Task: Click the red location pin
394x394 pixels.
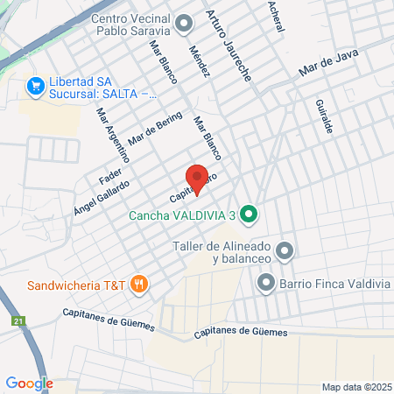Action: (198, 179)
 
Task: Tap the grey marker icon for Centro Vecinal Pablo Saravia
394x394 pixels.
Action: (184, 21)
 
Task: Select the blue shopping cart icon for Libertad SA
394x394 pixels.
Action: (36, 86)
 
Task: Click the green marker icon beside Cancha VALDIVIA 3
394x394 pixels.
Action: (248, 213)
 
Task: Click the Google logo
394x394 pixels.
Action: (29, 383)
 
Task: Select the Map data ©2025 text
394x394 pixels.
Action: (355, 387)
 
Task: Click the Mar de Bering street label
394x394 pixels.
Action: (155, 129)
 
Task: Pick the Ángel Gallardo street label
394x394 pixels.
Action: (102, 194)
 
